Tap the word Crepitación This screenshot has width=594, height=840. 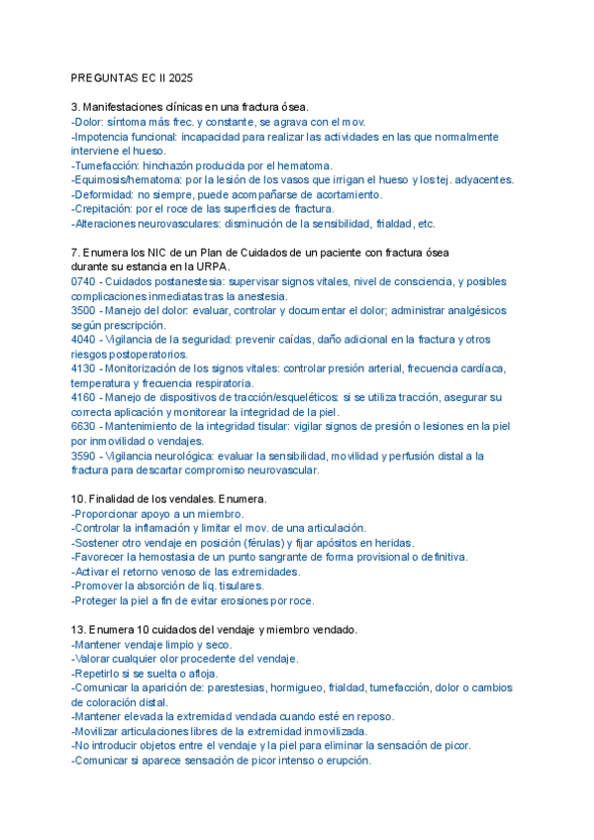point(105,209)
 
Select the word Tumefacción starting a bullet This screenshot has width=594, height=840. point(106,165)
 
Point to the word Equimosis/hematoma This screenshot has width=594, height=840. point(125,180)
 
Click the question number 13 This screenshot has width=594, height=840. point(77,630)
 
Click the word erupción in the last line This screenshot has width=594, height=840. point(346,761)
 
